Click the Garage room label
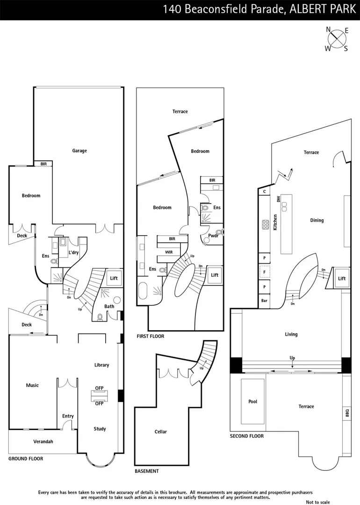(79, 151)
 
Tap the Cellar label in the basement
(160, 432)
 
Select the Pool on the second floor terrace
(253, 402)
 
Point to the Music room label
(32, 385)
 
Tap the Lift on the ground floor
(114, 278)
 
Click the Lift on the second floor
(342, 278)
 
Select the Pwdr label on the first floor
(213, 236)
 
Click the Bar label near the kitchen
(265, 301)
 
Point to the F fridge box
(265, 272)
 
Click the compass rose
(337, 39)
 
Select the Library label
(101, 365)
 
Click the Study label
(100, 429)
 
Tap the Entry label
(68, 416)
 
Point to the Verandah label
(43, 441)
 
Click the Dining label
(317, 220)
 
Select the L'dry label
(73, 252)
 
